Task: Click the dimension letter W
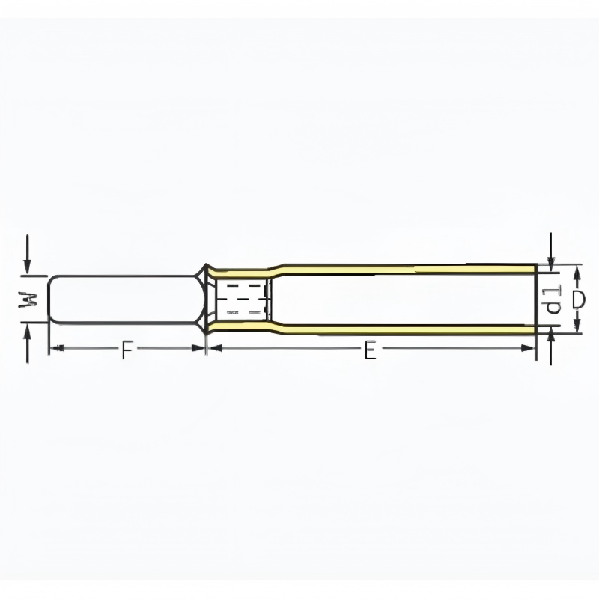pyautogui.click(x=28, y=299)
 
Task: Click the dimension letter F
pyautogui.click(x=127, y=350)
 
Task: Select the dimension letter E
pyautogui.click(x=370, y=350)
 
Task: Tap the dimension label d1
pyautogui.click(x=553, y=299)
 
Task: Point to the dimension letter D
pyautogui.click(x=579, y=299)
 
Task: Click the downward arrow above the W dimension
pyautogui.click(x=27, y=255)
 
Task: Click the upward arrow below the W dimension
pyautogui.click(x=27, y=343)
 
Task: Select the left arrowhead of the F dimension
pyautogui.click(x=57, y=348)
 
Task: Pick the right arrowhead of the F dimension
pyautogui.click(x=198, y=348)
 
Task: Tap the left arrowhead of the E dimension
pyautogui.click(x=216, y=348)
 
